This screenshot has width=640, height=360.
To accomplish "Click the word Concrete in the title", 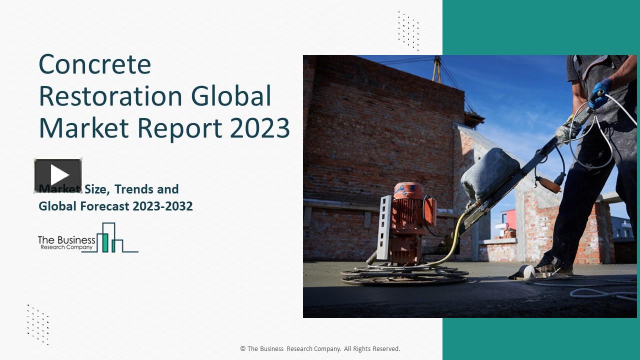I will click(94, 64).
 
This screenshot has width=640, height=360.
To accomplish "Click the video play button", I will click(58, 175).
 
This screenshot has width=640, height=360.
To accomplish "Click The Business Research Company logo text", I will click(66, 242).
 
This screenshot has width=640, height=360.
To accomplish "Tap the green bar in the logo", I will click(105, 242).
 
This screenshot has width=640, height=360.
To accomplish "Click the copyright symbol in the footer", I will click(242, 349).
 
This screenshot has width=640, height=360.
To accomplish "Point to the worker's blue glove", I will click(598, 93).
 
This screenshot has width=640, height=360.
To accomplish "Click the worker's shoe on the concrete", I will click(553, 269).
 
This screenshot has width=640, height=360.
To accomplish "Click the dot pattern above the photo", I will click(408, 30).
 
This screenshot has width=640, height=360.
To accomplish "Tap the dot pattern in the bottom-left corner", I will click(38, 324).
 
